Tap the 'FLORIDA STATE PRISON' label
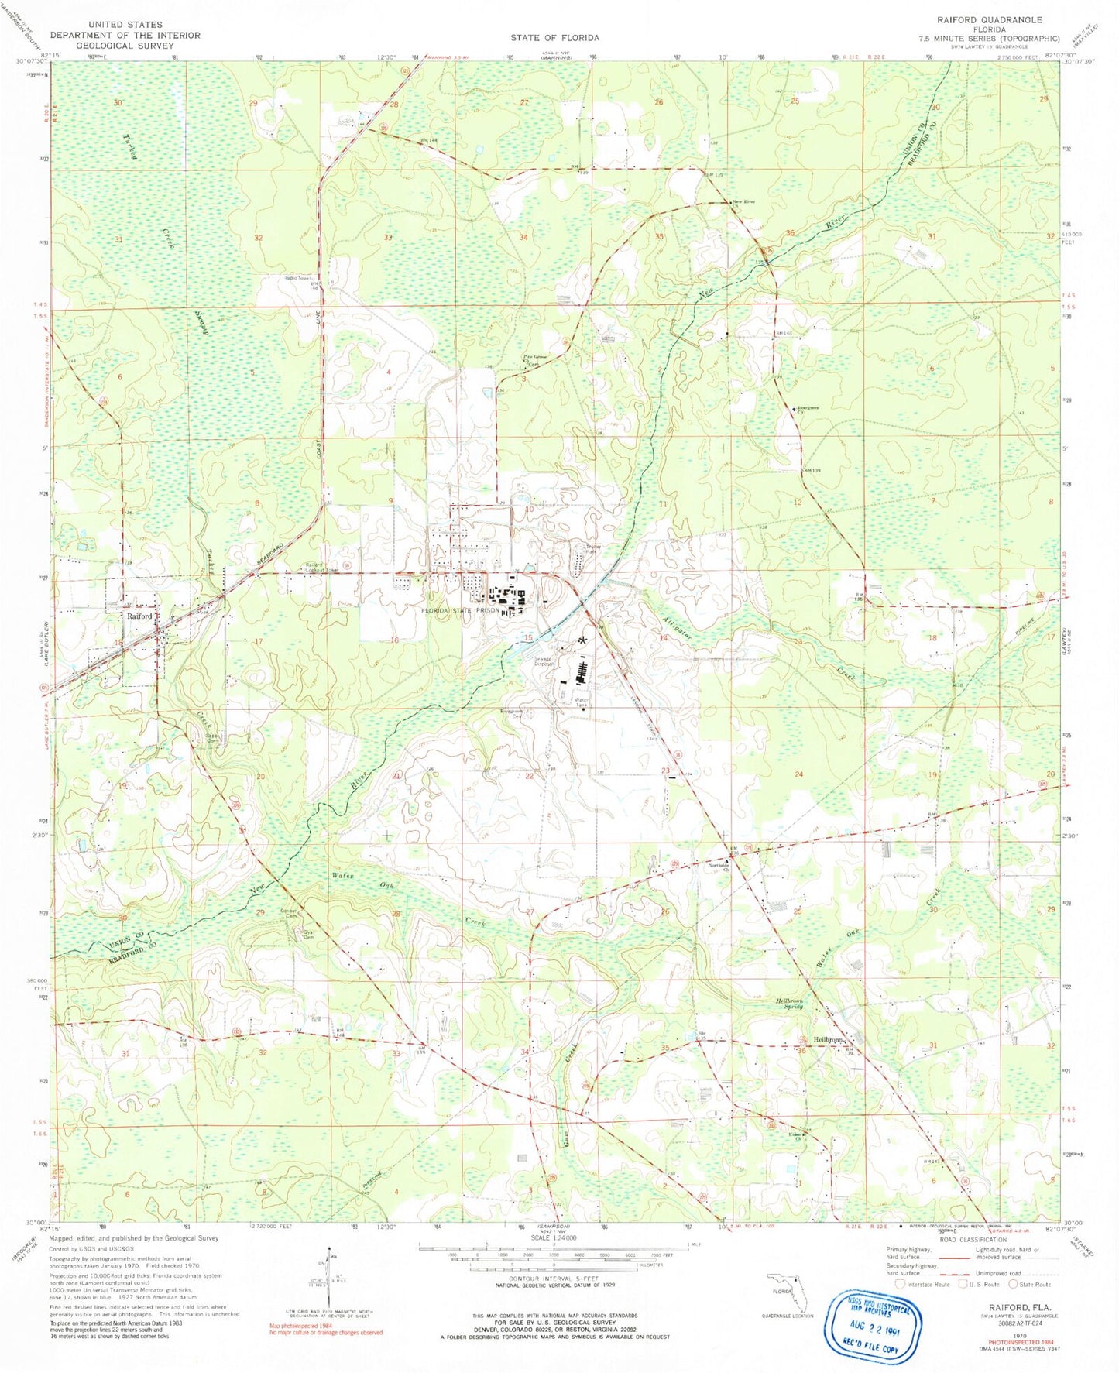pos(460,610)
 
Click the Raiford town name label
pos(140,616)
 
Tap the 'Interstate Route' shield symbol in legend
pos(900,1284)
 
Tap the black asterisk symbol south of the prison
pos(582,641)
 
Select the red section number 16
pos(394,640)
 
